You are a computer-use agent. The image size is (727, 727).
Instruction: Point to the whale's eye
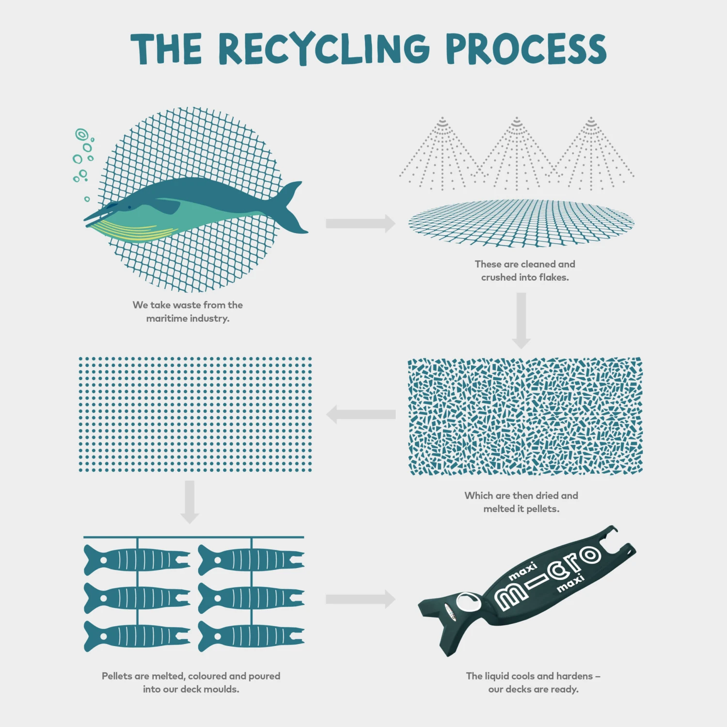point(129,207)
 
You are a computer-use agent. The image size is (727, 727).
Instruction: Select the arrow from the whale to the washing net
point(360,223)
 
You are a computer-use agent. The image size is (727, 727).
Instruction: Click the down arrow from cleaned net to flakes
point(521,320)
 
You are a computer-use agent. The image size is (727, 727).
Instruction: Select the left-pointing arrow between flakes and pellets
point(361,414)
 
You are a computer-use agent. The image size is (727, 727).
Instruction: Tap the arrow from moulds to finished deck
point(360,600)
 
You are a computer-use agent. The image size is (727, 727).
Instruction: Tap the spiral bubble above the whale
point(81,134)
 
